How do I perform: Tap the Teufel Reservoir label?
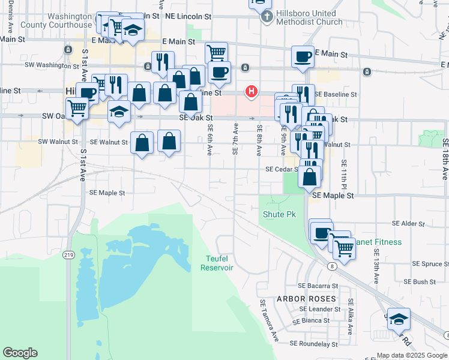tap(217, 263)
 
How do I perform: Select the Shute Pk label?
tap(280, 214)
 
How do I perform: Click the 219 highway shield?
tap(68, 255)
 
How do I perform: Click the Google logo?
tap(20, 353)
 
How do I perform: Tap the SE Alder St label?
tap(408, 224)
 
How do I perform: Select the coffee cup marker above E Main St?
tap(303, 56)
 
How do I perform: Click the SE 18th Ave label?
tap(445, 158)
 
